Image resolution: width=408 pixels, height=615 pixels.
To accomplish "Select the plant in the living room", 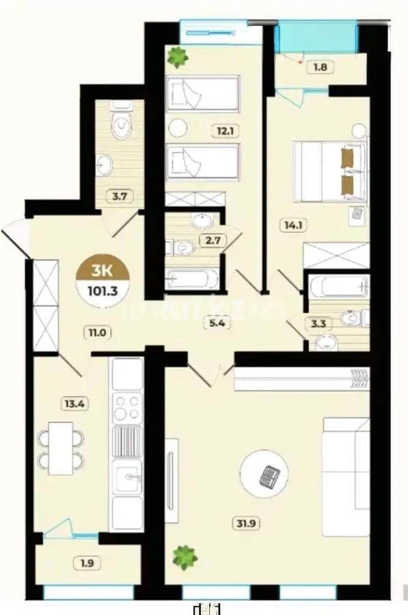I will click(x=184, y=558).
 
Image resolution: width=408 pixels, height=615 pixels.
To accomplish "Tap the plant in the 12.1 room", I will click(x=178, y=57).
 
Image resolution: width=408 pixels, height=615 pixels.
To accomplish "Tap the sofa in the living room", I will click(x=346, y=471).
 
